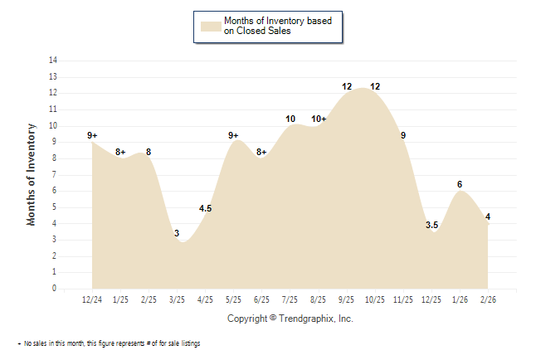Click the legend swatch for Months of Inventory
[211, 26]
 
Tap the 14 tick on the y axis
[53, 61]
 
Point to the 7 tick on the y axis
[55, 175]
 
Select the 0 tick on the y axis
[55, 289]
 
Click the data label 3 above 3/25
[177, 234]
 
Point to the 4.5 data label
[206, 209]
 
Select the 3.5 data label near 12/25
[431, 225]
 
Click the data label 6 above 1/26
[460, 184]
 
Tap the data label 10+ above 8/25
[319, 119]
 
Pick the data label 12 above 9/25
[347, 86]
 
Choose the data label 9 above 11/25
[403, 135]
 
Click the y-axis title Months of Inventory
[32, 174]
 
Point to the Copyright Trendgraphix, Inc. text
[290, 319]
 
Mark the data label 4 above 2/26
[488, 217]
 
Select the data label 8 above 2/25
[149, 152]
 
